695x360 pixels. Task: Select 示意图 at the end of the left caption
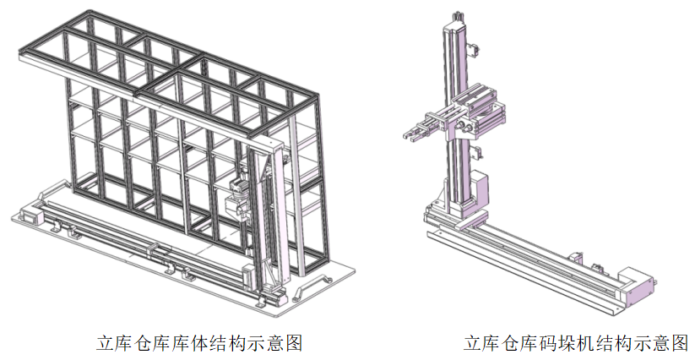(x=273, y=343)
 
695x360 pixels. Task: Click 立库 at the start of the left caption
(x=109, y=343)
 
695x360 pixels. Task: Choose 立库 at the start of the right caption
(x=477, y=343)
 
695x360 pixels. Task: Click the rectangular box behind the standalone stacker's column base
(x=479, y=188)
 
